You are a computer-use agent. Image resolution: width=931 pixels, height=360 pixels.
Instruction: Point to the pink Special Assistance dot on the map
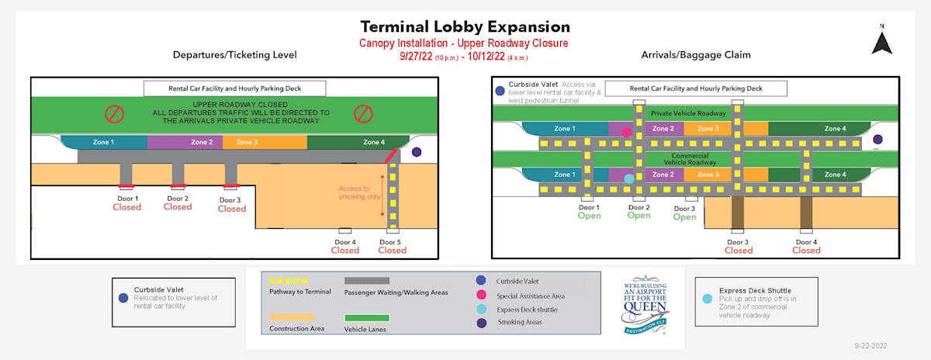(626, 132)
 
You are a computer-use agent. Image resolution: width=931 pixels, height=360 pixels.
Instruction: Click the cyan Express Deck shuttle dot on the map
(629, 179)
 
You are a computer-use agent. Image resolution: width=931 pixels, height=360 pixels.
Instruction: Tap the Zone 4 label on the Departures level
(373, 142)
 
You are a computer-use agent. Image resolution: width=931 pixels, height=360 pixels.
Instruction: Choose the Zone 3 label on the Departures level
(247, 142)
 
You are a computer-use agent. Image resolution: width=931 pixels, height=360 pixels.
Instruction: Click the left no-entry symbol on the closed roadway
(115, 113)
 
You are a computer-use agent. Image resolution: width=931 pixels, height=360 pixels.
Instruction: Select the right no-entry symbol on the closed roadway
(362, 113)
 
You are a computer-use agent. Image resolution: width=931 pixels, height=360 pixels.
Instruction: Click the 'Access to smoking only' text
(359, 192)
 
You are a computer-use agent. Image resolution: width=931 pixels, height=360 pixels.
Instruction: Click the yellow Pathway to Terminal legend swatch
(289, 281)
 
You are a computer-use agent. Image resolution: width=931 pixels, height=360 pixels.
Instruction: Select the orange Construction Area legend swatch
(291, 317)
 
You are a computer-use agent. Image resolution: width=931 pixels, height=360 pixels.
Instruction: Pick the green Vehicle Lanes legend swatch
(366, 317)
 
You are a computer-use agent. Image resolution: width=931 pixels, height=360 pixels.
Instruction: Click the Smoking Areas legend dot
(480, 322)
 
